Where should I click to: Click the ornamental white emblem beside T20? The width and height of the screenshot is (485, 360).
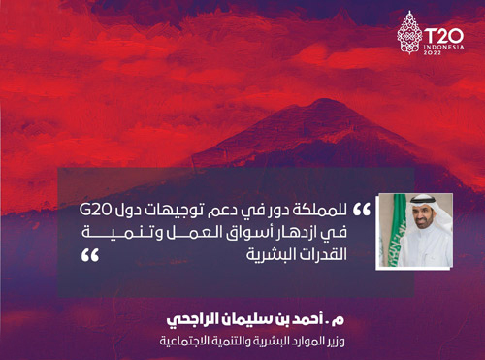coord(410,38)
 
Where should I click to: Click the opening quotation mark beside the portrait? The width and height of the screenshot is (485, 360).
coord(363,210)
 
